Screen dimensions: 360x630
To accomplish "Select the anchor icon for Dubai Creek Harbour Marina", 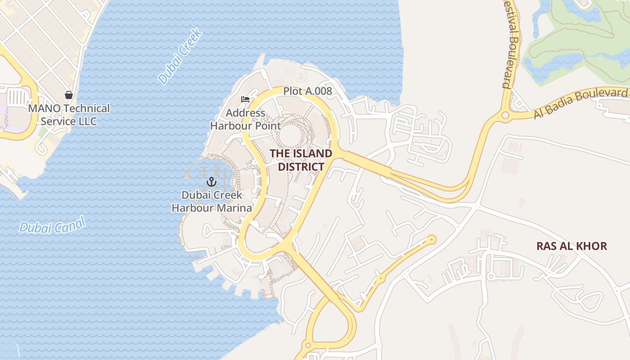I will tap(211, 182).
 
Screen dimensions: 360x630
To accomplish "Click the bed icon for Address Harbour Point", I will tap(245, 99).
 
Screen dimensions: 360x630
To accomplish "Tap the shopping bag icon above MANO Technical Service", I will tap(69, 95).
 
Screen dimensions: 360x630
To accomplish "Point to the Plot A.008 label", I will tap(307, 91).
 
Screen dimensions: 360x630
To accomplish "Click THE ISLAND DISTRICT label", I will tap(301, 160).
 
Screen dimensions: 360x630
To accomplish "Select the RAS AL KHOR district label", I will tap(571, 246).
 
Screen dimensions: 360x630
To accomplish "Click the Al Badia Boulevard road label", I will tap(580, 103).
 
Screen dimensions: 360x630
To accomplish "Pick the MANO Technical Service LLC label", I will tap(69, 115).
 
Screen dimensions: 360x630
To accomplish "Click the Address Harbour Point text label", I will tap(245, 119).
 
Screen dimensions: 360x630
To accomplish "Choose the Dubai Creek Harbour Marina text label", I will tap(211, 202).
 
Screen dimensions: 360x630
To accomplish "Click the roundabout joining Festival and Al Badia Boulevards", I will tap(505, 116).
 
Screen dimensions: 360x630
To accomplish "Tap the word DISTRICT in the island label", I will tap(301, 167).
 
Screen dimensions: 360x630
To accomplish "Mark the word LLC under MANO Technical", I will tap(87, 121).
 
